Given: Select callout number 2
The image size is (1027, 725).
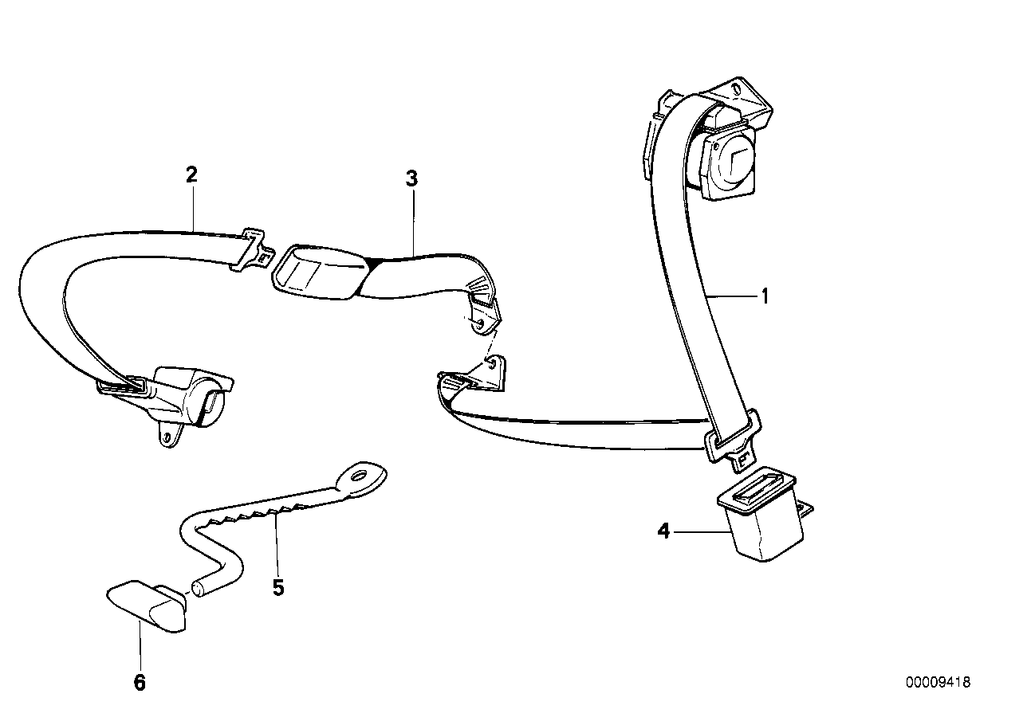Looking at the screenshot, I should (x=191, y=174).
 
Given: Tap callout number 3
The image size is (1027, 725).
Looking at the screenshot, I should (x=411, y=178).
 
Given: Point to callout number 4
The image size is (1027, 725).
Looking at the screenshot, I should (x=663, y=530).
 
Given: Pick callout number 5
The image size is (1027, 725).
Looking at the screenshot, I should (x=277, y=587).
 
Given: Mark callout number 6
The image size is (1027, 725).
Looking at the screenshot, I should (x=140, y=682).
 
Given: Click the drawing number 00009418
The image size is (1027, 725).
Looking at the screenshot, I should (x=938, y=682).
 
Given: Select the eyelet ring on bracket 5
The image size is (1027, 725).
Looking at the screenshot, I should (x=360, y=477).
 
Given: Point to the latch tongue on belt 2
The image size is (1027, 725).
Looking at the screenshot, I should (x=254, y=249).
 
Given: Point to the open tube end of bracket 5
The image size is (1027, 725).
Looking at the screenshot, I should (x=199, y=590).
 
